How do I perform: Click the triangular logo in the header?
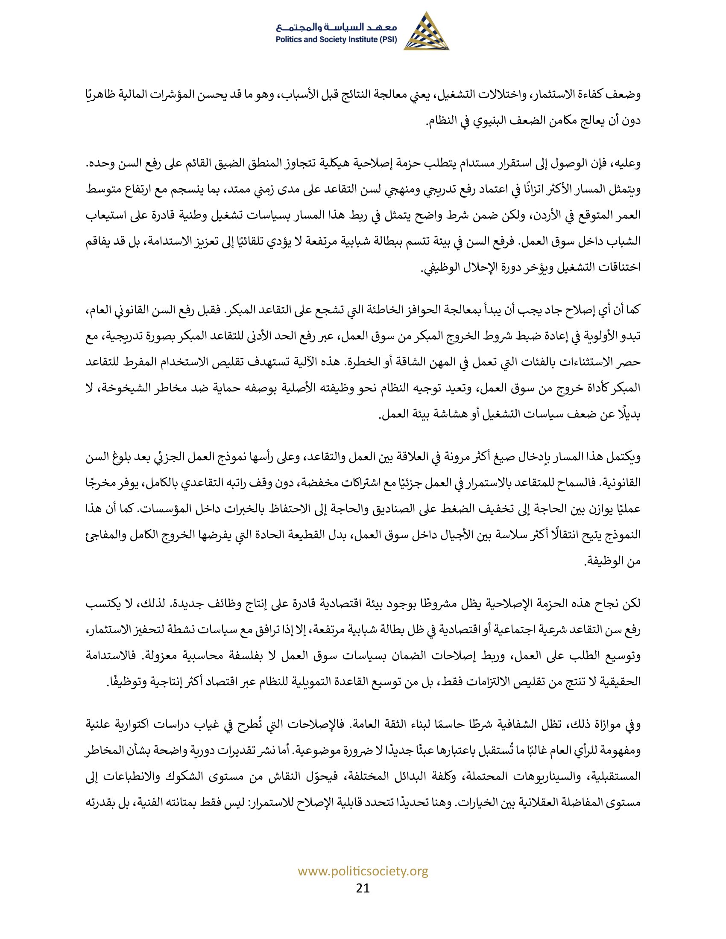click(426, 32)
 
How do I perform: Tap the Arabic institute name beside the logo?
click(338, 27)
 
